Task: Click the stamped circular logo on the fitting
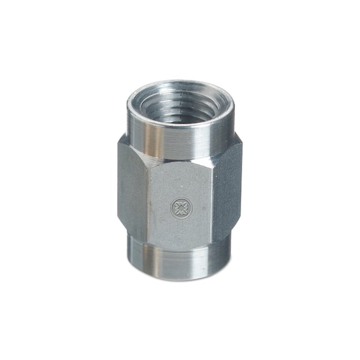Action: pyautogui.click(x=181, y=208)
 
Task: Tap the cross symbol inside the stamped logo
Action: pyautogui.click(x=181, y=208)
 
